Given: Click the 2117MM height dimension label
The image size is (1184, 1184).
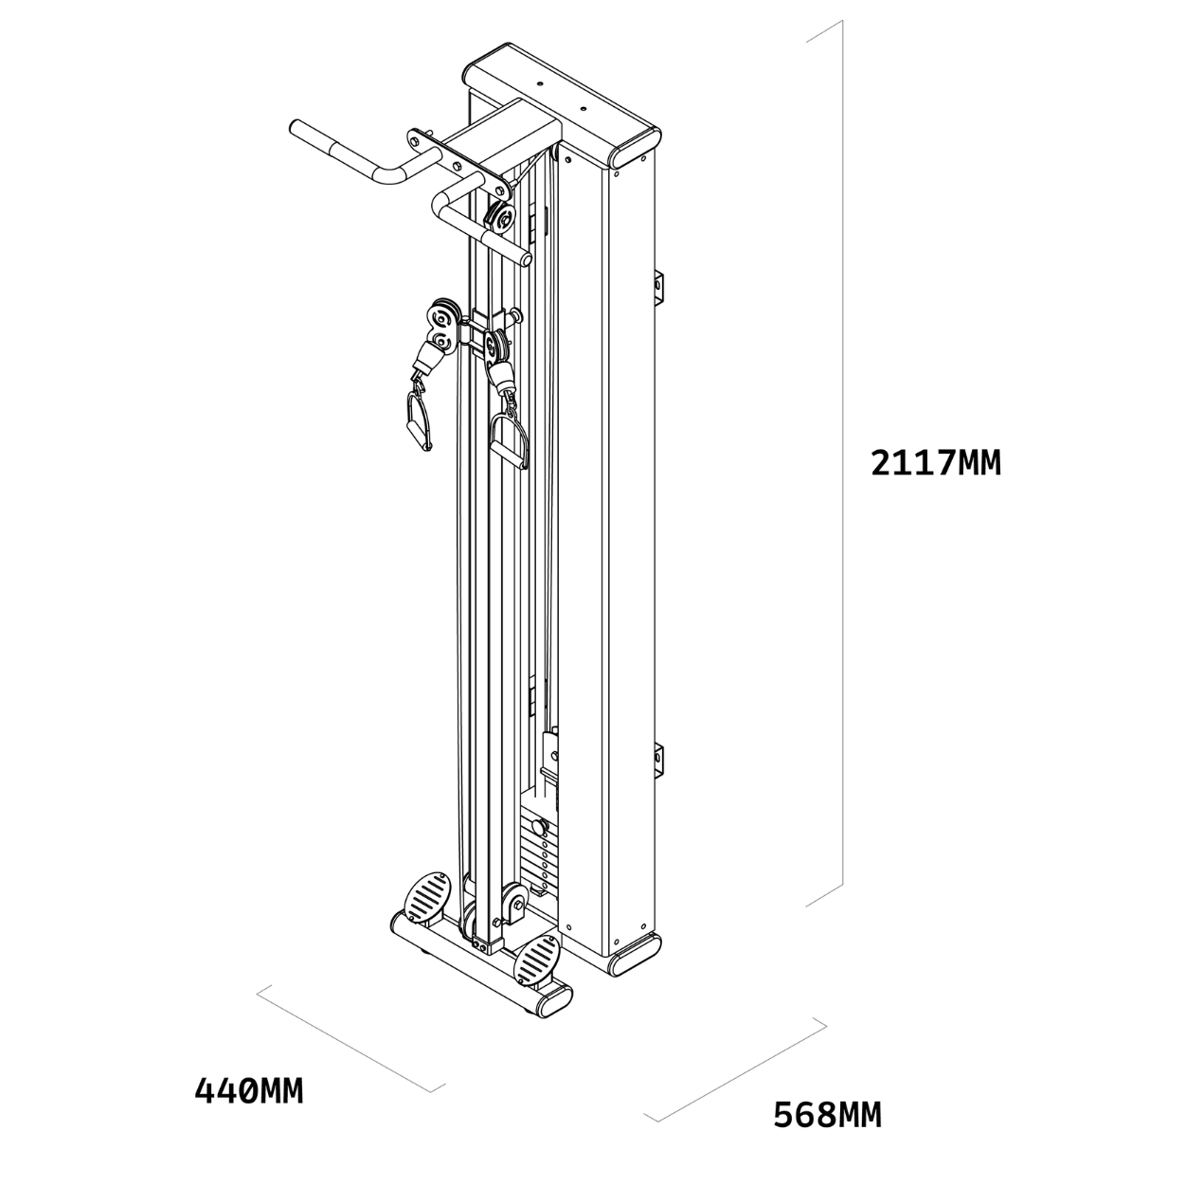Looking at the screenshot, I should coord(936,463).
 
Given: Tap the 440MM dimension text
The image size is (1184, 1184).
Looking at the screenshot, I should coord(249,1090).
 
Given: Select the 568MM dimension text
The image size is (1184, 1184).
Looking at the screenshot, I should coord(827,1115).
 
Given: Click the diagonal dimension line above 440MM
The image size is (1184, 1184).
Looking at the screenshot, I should coord(350,1038).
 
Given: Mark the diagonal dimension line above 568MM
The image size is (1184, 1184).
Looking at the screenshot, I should coord(734,1069).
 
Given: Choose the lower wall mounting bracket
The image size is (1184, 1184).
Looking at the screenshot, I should coord(659,762).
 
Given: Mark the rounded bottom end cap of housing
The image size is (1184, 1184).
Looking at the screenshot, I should coord(633,957).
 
